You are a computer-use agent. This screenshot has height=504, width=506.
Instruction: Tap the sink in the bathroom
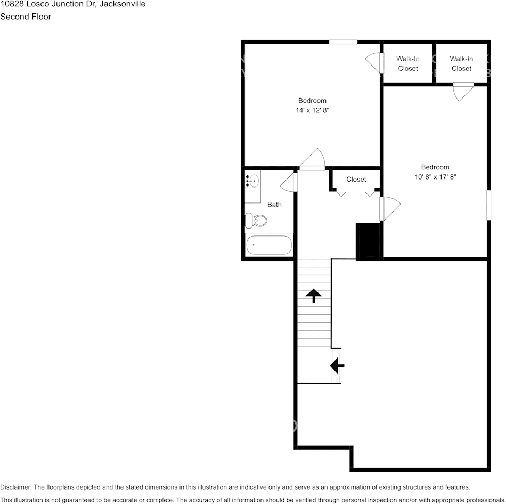point(252,181)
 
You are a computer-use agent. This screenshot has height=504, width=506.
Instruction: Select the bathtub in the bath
point(269,246)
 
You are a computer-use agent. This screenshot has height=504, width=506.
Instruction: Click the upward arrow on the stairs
point(313,295)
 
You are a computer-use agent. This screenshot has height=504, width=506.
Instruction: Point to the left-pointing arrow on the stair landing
point(337,365)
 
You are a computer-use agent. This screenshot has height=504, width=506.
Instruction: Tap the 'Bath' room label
point(274,205)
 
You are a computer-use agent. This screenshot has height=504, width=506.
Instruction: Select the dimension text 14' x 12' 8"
point(312,110)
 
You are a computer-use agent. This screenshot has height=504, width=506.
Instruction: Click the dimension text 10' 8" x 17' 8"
point(435,177)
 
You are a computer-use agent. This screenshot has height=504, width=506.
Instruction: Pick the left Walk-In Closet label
point(408,63)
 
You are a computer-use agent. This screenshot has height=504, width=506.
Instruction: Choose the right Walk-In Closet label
point(461,63)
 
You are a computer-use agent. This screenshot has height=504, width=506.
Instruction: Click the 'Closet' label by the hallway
point(356,180)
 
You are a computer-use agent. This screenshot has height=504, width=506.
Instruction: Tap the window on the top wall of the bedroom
point(343,42)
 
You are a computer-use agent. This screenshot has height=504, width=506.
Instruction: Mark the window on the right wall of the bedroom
point(488,205)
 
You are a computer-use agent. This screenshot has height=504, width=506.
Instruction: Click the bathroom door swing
point(288,182)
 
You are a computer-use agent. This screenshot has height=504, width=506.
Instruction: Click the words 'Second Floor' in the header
point(26,17)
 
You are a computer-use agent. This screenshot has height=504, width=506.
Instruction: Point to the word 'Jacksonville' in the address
point(122,4)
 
